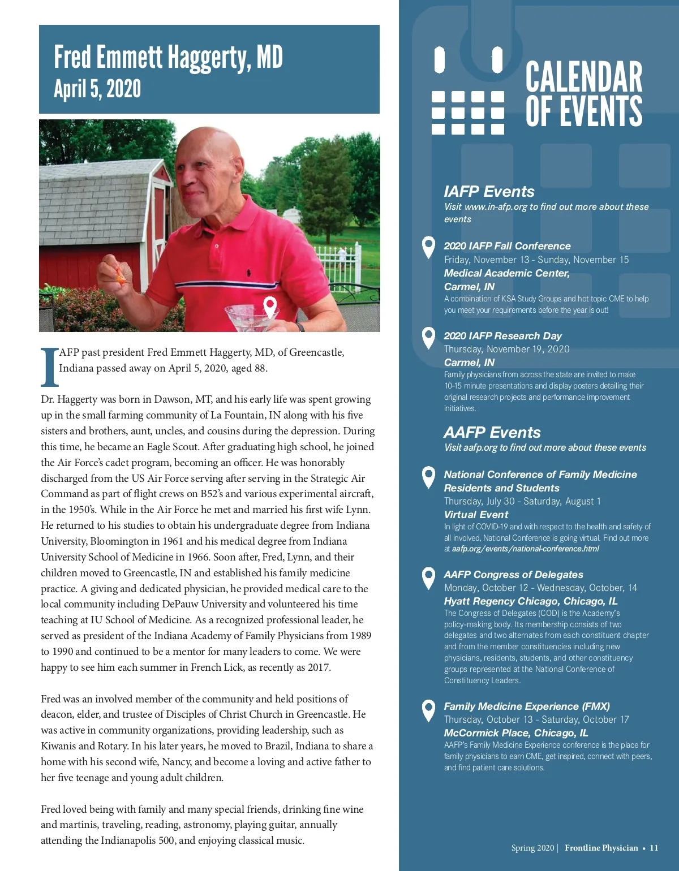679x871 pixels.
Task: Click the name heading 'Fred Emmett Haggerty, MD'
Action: point(168,57)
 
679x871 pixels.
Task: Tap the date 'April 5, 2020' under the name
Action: point(97,89)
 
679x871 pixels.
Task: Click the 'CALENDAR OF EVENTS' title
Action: point(583,94)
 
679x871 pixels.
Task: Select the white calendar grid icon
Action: point(467,112)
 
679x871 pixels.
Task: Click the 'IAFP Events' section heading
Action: point(489,192)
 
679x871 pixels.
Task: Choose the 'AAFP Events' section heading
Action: point(492,433)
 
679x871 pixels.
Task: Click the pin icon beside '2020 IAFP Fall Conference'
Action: point(429,247)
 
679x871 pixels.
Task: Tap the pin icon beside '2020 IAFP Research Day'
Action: point(429,338)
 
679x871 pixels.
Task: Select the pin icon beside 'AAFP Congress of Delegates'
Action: point(429,577)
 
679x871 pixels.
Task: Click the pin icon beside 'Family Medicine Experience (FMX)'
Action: point(429,710)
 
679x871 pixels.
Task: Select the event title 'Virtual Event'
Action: point(476,515)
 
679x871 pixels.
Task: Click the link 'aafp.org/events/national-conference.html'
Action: point(525,549)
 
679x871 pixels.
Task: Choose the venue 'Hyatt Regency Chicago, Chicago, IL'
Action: point(530,601)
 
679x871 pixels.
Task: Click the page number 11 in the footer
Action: point(654,848)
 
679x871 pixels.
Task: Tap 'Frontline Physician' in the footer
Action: point(601,848)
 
